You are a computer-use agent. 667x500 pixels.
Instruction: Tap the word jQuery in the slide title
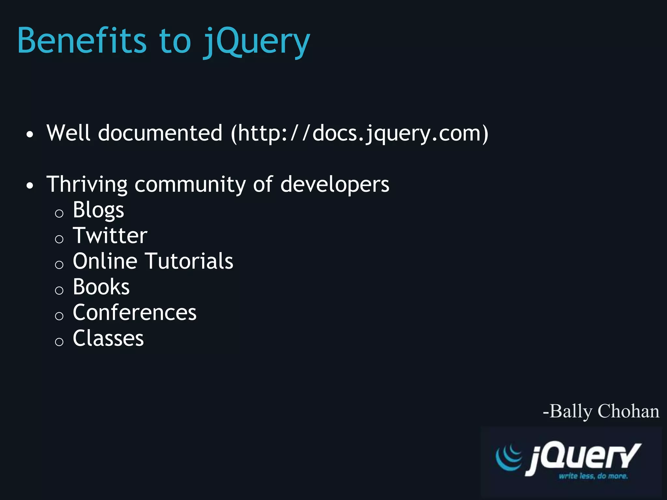(256, 42)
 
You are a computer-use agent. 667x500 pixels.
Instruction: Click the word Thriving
(87, 185)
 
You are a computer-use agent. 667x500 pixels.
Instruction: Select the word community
(190, 185)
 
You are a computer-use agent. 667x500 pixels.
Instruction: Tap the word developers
(334, 185)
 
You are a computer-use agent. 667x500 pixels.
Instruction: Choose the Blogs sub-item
(98, 210)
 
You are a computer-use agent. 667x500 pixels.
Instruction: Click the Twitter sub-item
(110, 235)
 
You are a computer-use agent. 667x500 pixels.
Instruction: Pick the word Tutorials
(189, 261)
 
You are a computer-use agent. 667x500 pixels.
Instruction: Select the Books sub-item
(101, 287)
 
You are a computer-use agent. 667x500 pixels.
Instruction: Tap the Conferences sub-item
(135, 312)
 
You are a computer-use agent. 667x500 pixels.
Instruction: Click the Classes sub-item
(108, 338)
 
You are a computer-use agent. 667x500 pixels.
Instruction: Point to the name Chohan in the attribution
(628, 411)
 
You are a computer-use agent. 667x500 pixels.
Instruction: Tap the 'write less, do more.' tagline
(593, 476)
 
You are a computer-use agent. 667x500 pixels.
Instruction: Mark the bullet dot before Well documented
(30, 134)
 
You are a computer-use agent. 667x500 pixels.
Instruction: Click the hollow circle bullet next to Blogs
(59, 214)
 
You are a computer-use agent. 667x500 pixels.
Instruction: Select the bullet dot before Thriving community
(30, 186)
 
